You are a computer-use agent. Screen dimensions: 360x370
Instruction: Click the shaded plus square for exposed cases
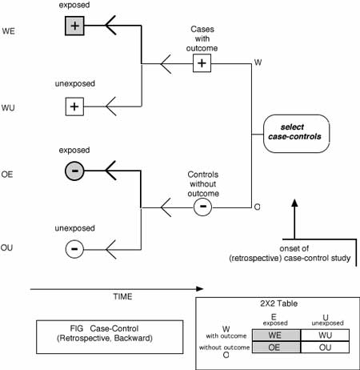(x=74, y=26)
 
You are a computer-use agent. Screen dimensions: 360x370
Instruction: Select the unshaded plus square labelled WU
(x=74, y=107)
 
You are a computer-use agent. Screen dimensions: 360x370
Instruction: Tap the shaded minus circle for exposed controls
(x=74, y=171)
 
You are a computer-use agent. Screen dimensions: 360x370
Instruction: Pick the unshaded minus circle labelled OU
(x=74, y=249)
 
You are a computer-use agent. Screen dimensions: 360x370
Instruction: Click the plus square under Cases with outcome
(x=202, y=63)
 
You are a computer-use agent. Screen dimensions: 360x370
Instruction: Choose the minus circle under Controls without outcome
(x=202, y=207)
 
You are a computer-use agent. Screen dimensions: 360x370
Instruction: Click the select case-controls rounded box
(x=296, y=134)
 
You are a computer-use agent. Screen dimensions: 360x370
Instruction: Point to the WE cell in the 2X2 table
(x=276, y=335)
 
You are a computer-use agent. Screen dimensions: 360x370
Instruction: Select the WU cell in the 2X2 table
(x=325, y=335)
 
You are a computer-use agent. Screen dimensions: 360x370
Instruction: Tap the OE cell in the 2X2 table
(x=276, y=348)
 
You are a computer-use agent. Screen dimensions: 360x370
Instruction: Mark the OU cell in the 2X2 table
(x=325, y=348)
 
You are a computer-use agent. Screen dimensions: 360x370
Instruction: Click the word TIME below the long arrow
(x=122, y=296)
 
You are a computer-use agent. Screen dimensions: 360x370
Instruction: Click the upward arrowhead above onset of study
(x=294, y=203)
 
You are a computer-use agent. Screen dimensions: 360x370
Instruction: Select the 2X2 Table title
(x=279, y=304)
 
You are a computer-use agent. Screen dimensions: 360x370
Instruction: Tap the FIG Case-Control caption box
(x=110, y=337)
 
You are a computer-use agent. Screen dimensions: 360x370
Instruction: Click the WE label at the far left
(x=8, y=31)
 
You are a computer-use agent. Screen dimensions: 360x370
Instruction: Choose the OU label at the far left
(x=6, y=247)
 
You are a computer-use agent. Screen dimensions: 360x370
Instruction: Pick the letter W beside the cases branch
(x=258, y=62)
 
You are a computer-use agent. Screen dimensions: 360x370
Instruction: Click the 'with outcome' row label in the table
(x=226, y=336)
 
